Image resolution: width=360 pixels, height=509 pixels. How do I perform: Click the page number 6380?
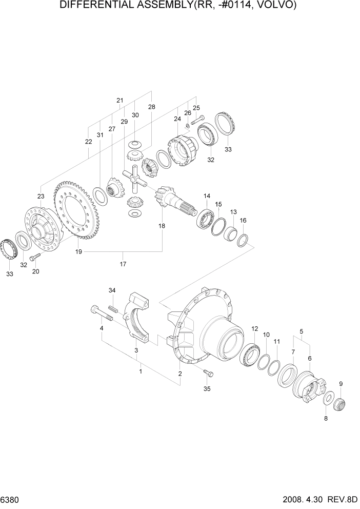click(x=12, y=499)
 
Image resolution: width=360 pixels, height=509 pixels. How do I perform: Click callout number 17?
click(x=123, y=264)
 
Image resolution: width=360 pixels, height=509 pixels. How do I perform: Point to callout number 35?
click(x=207, y=389)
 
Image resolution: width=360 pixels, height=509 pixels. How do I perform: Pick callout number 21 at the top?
click(x=120, y=100)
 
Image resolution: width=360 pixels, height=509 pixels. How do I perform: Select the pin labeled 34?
click(x=114, y=308)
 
